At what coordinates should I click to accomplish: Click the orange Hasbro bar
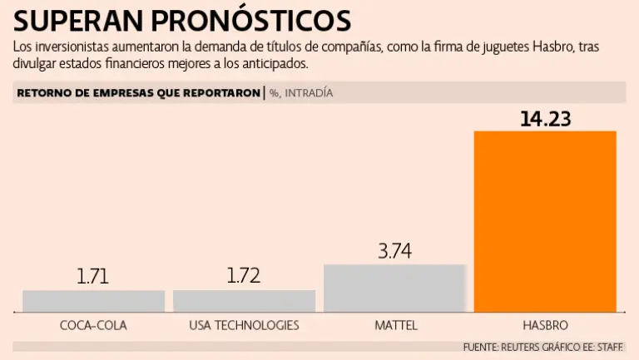545,221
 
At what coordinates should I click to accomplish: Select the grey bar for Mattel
394,288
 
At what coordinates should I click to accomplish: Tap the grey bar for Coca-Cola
93,301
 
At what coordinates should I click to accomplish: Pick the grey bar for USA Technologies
244,301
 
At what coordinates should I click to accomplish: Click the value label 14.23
545,118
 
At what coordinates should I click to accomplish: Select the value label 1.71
93,277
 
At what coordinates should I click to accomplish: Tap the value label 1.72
244,277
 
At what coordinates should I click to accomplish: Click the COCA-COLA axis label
93,325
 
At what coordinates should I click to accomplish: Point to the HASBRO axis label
545,325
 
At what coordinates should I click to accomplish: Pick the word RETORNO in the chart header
42,93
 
